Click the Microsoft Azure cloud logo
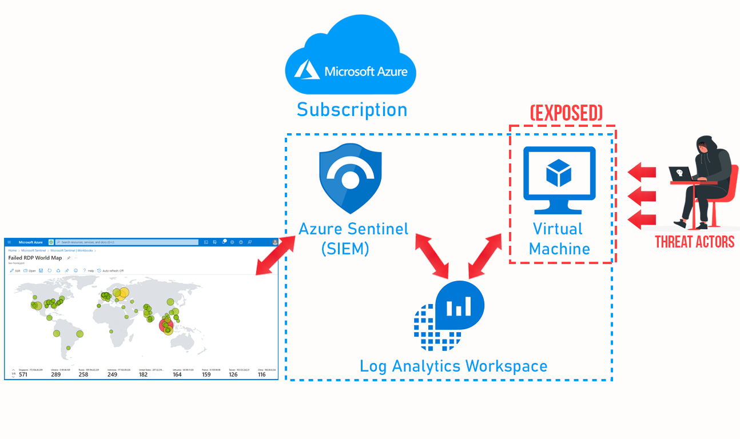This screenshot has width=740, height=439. (x=350, y=57)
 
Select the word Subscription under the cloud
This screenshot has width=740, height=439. (x=352, y=109)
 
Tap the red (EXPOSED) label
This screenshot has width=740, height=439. (x=566, y=113)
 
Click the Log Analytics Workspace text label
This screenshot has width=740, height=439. (x=453, y=366)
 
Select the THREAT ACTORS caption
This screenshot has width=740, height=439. (x=694, y=242)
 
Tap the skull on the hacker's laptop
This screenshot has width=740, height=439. (x=679, y=173)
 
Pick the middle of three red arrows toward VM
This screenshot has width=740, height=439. (x=642, y=196)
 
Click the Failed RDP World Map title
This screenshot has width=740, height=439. (x=35, y=258)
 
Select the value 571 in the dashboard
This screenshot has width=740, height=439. (x=23, y=374)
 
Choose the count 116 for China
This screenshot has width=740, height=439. (x=261, y=374)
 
